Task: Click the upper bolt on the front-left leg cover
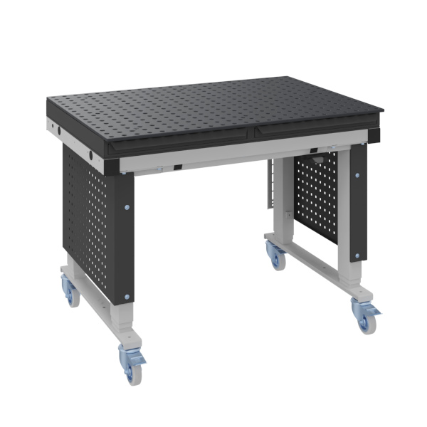click(127, 207)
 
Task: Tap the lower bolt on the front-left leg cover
click(128, 296)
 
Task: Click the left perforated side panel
click(85, 213)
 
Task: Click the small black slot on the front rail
click(178, 167)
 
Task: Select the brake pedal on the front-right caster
click(373, 310)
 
